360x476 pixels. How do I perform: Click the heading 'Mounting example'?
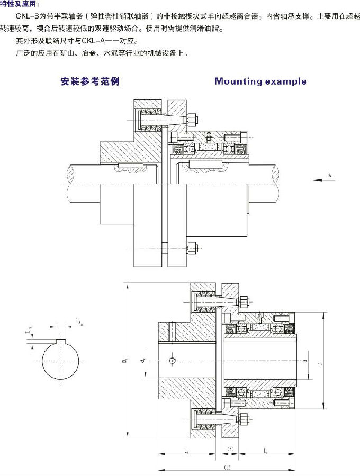pos(260,81)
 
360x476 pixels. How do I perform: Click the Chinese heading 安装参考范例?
pos(90,81)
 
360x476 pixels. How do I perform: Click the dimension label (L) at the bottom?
pos(227,468)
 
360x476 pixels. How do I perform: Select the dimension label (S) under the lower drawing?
pos(230,449)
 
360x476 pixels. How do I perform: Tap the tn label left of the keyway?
pos(30,332)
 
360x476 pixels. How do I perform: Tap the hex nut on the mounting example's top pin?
pos(193,121)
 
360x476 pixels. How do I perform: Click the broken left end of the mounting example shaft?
pos(72,182)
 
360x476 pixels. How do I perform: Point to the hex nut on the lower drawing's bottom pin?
pos(244,420)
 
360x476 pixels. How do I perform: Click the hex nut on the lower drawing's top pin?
pos(244,302)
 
